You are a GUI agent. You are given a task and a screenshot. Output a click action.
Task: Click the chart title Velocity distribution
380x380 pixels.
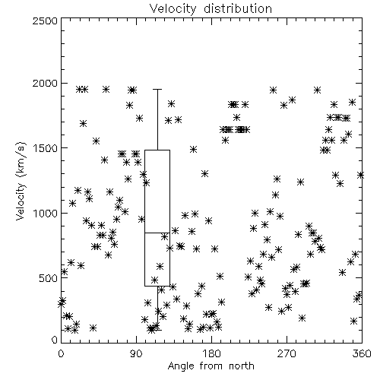pyautogui.click(x=211, y=8)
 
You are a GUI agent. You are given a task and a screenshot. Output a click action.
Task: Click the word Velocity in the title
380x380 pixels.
pyautogui.click(x=173, y=8)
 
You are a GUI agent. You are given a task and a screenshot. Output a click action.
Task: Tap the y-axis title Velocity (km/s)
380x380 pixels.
pyautogui.click(x=21, y=181)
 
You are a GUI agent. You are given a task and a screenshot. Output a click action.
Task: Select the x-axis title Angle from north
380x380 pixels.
pyautogui.click(x=211, y=366)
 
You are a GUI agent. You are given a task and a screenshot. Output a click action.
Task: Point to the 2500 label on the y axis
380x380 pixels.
pyautogui.click(x=45, y=21)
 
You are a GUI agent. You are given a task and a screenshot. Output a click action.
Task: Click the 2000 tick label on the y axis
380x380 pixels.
pyautogui.click(x=45, y=83)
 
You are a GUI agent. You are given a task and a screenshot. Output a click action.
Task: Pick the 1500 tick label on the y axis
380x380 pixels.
pyautogui.click(x=45, y=148)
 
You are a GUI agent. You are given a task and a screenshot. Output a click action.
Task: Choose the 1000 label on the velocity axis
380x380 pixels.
pyautogui.click(x=45, y=213)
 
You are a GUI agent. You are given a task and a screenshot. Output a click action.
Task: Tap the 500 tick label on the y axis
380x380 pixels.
pyautogui.click(x=48, y=278)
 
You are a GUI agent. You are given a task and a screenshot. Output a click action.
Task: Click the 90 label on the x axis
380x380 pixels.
pyautogui.click(x=137, y=353)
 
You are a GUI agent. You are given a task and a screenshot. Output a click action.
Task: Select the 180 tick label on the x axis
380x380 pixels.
pyautogui.click(x=211, y=353)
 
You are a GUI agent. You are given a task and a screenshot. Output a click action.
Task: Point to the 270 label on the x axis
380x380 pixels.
pyautogui.click(x=287, y=353)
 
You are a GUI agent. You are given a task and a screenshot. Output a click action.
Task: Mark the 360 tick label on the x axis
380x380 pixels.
pyautogui.click(x=362, y=353)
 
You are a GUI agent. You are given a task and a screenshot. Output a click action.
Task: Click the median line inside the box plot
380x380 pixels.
pyautogui.click(x=157, y=233)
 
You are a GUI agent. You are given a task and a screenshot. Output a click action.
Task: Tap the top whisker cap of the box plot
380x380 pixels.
pyautogui.click(x=157, y=89)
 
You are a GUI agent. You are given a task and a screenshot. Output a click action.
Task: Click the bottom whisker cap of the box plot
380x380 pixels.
pyautogui.click(x=157, y=330)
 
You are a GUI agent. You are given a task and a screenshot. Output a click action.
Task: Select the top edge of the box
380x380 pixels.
pyautogui.click(x=157, y=150)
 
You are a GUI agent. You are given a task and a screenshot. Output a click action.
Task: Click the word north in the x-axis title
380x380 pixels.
pyautogui.click(x=242, y=366)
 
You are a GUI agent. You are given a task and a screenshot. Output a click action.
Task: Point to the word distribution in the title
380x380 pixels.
pyautogui.click(x=238, y=8)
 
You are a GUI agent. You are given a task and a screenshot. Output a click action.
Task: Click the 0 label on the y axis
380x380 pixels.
pyautogui.click(x=55, y=340)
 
